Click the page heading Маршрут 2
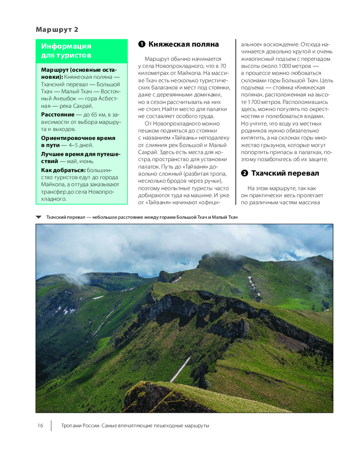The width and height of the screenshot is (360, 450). click(57, 30)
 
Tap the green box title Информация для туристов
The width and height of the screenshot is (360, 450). click(66, 50)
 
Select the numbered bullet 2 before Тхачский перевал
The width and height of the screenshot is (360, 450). click(244, 173)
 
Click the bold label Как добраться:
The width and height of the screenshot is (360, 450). click(63, 170)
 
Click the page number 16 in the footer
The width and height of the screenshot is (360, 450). click(40, 426)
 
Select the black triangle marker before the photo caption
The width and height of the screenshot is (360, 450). click(39, 217)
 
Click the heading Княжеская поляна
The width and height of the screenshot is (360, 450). click(184, 44)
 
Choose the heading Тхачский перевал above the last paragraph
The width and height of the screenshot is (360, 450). click(285, 173)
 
